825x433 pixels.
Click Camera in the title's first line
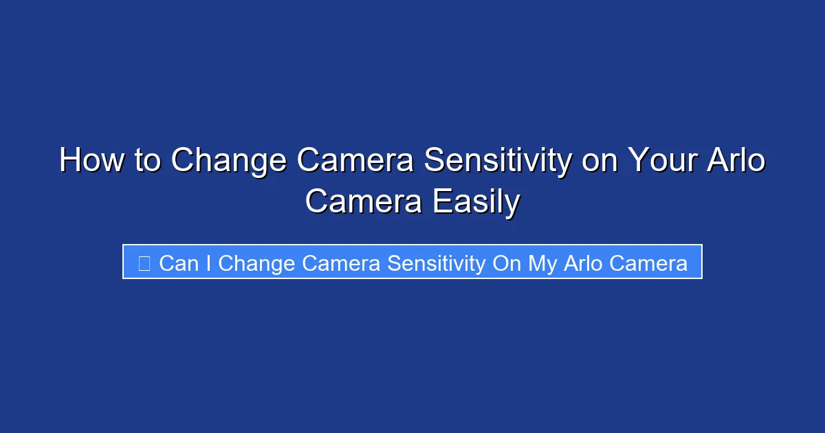click(x=355, y=161)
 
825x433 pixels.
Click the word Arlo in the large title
click(x=736, y=161)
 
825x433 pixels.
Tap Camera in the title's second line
click(x=364, y=201)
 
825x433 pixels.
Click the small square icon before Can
click(x=144, y=263)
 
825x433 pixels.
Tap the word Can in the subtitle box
click(x=178, y=263)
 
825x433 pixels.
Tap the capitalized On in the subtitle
click(x=507, y=263)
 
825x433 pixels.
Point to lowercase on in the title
click(x=597, y=161)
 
